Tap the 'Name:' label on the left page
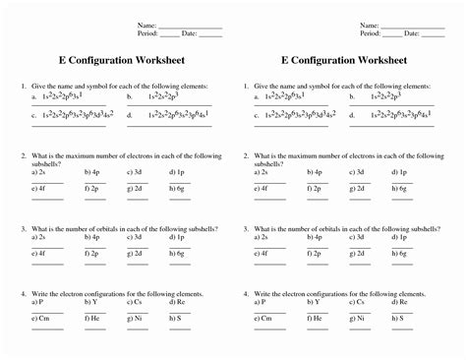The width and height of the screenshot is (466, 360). [146, 25]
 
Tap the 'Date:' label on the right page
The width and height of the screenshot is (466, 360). [412, 33]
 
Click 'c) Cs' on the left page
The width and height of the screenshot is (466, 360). [137, 302]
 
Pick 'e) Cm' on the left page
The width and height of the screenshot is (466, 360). [41, 319]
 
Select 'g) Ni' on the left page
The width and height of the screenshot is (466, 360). [137, 319]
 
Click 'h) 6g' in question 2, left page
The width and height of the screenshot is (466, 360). [179, 188]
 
